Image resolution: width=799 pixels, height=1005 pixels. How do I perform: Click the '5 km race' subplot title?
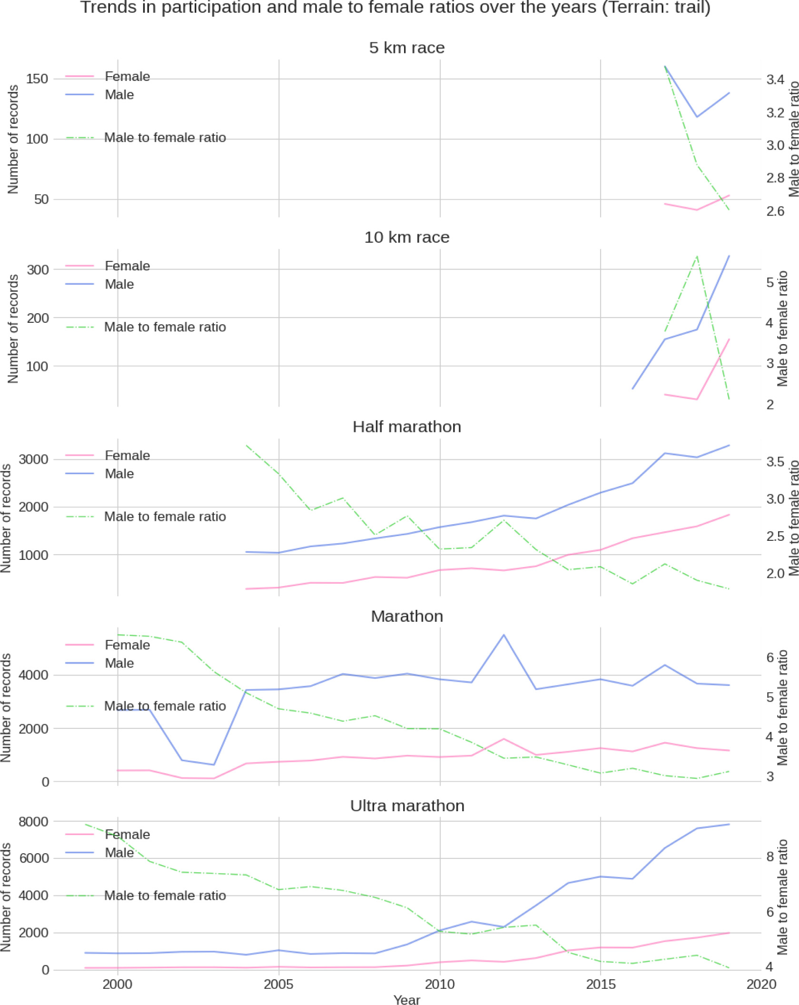[406, 48]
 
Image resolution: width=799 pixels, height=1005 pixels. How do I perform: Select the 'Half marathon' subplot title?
[406, 427]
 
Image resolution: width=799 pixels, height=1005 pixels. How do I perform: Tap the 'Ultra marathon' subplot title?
[407, 806]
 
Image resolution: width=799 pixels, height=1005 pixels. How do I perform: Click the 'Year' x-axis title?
[406, 999]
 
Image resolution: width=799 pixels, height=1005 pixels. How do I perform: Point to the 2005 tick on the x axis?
[278, 984]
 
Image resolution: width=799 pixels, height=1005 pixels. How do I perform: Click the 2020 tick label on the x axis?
[761, 984]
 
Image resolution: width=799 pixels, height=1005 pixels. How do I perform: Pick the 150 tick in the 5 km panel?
[37, 79]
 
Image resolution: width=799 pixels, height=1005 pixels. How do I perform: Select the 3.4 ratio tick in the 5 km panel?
[775, 80]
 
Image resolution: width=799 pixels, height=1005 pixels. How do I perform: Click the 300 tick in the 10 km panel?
[37, 269]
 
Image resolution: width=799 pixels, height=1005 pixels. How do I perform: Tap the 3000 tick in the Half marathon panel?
[33, 459]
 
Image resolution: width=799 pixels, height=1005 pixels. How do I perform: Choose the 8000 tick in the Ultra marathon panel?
[33, 821]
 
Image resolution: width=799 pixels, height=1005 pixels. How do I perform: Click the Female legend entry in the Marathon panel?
[127, 645]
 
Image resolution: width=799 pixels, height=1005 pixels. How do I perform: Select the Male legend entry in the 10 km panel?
[119, 284]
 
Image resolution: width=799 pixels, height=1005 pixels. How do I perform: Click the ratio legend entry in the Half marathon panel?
[165, 517]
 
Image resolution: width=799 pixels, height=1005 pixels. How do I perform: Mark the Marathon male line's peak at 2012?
[504, 635]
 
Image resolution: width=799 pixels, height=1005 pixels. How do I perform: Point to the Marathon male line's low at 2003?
[214, 765]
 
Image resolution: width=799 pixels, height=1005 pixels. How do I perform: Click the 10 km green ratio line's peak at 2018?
[697, 257]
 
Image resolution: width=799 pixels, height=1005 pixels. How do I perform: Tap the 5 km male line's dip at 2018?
[697, 117]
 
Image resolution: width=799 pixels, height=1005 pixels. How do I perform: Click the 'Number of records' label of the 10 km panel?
[13, 328]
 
